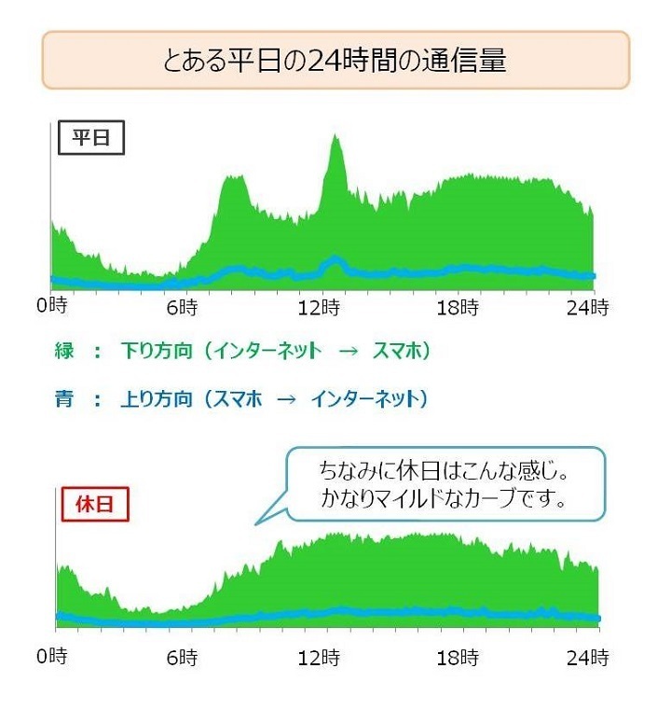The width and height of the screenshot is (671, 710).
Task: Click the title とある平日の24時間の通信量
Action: pyautogui.click(x=335, y=61)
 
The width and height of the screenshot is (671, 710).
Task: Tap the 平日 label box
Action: pyautogui.click(x=91, y=139)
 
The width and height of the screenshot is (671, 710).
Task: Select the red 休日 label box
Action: pyautogui.click(x=94, y=506)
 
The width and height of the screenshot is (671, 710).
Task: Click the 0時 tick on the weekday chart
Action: pyautogui.click(x=55, y=306)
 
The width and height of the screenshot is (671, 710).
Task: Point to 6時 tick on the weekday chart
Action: pyautogui.click(x=184, y=306)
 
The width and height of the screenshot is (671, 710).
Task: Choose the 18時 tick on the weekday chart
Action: pyautogui.click(x=458, y=306)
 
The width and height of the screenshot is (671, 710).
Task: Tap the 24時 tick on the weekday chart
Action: pyautogui.click(x=588, y=306)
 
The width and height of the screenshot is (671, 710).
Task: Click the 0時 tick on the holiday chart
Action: pyautogui.click(x=55, y=656)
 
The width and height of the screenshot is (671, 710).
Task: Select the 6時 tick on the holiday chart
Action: pyautogui.click(x=184, y=656)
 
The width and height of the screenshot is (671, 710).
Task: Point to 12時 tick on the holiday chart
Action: pyautogui.click(x=321, y=656)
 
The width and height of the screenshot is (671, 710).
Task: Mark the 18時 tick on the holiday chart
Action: pyautogui.click(x=458, y=656)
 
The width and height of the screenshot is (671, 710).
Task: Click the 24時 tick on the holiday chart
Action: pyautogui.click(x=588, y=656)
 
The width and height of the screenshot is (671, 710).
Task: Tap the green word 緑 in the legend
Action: pyautogui.click(x=63, y=352)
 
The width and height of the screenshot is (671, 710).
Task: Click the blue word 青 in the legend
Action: pyautogui.click(x=63, y=400)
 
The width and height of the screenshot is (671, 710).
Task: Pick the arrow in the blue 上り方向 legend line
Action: pyautogui.click(x=288, y=400)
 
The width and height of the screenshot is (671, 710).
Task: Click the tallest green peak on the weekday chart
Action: pyautogui.click(x=335, y=137)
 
